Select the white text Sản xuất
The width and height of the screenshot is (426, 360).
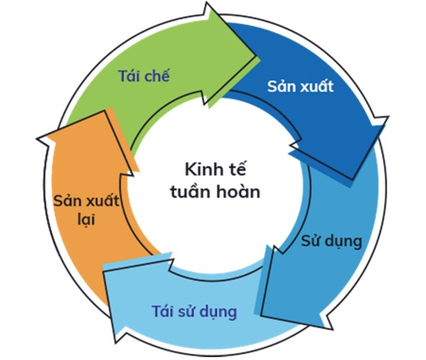(x=300, y=86)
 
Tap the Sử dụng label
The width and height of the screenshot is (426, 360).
(x=332, y=241)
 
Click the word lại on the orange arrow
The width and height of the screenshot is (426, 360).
(x=86, y=219)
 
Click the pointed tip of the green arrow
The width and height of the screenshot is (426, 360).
(x=256, y=56)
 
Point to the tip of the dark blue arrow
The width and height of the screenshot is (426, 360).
(x=352, y=180)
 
